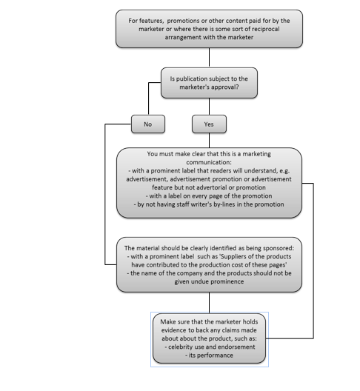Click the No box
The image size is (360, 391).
148,124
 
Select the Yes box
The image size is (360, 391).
209,124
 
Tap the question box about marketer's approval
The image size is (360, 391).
209,83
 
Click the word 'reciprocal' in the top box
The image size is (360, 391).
265,29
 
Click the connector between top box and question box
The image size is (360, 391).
209,58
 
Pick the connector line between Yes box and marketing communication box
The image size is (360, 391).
209,141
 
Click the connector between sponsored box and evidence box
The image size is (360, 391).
209,303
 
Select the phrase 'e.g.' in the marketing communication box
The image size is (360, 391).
284,171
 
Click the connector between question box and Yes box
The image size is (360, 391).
209,107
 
